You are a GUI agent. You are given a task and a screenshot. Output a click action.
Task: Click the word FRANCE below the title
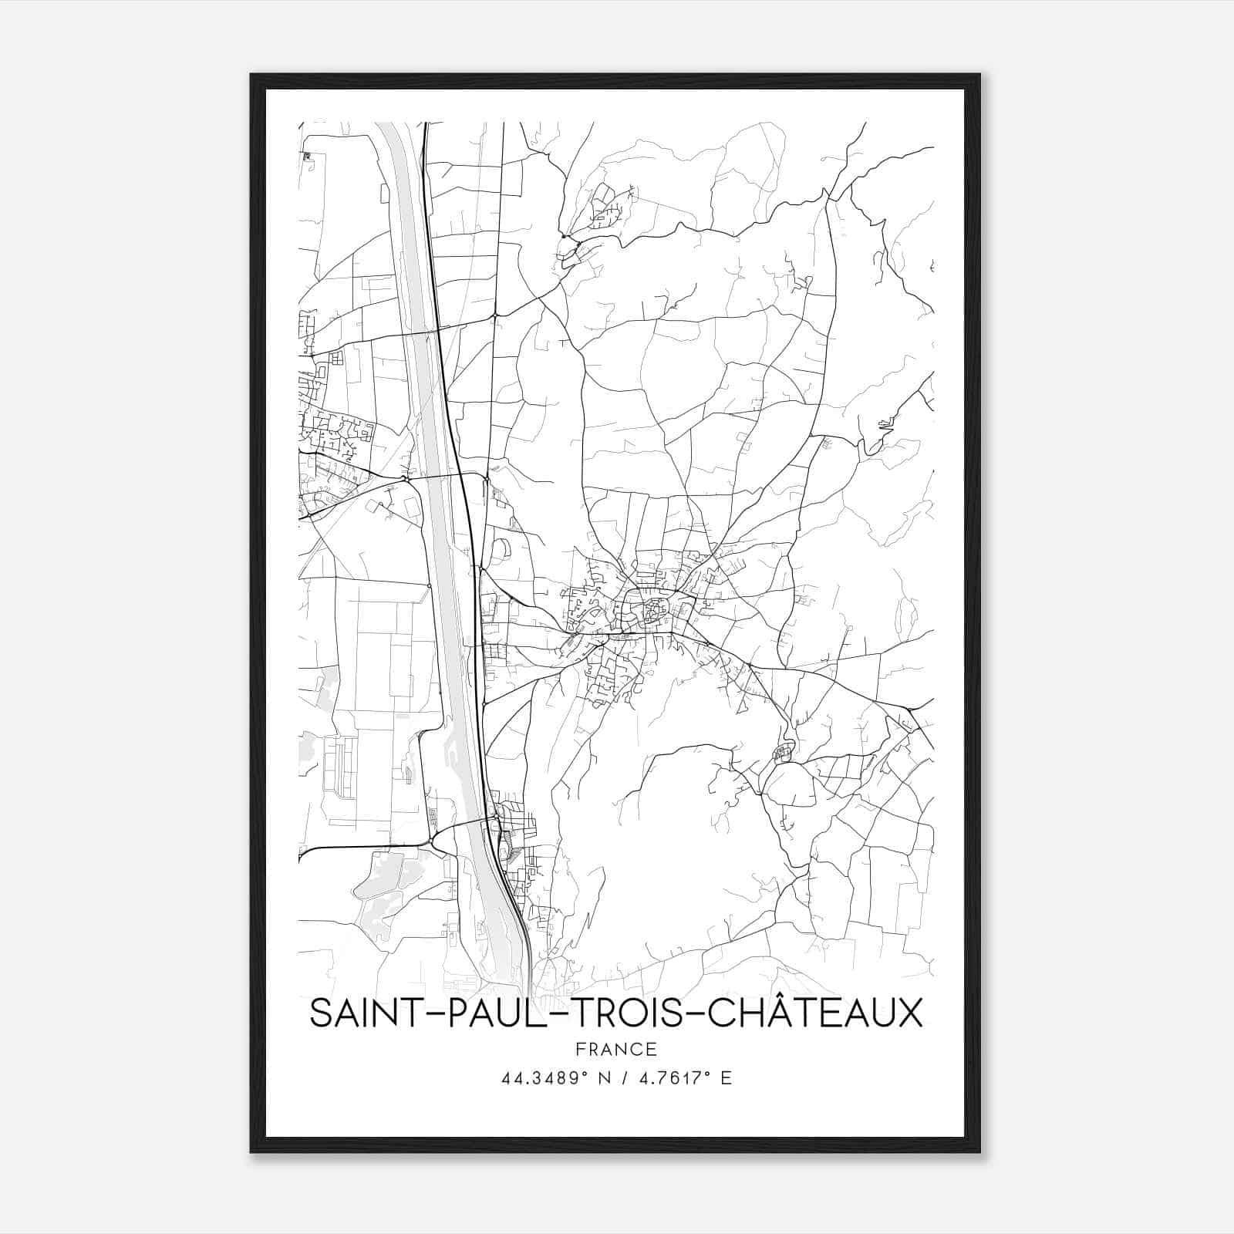click(x=617, y=1050)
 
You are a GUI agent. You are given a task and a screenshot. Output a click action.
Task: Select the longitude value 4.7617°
click(x=670, y=1078)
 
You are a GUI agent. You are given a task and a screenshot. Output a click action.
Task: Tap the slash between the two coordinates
click(x=627, y=1078)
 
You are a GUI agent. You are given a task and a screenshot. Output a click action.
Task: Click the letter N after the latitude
click(x=605, y=1078)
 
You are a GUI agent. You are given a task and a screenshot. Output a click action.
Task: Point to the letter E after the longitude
click(x=726, y=1078)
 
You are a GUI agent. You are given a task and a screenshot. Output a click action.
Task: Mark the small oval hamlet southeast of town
click(x=783, y=750)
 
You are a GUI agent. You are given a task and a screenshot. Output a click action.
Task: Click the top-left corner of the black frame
click(x=251, y=75)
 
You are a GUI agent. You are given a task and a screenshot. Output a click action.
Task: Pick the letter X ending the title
click(x=909, y=1014)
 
